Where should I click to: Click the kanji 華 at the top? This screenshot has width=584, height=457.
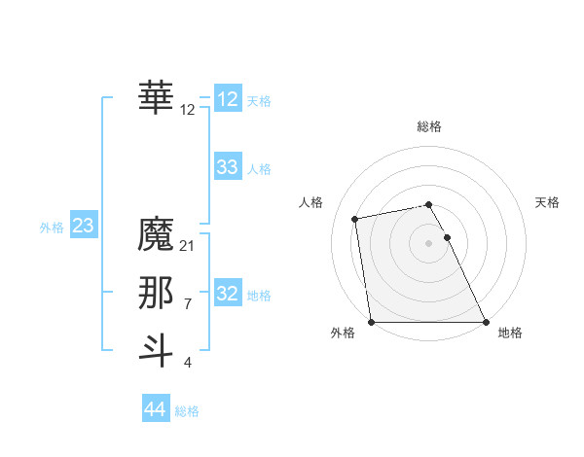tap(157, 97)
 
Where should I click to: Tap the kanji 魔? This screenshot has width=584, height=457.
tap(157, 234)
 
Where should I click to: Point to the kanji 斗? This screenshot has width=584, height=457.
tap(157, 349)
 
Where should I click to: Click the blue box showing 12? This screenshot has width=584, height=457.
tap(228, 99)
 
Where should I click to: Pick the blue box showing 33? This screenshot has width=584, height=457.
tap(228, 167)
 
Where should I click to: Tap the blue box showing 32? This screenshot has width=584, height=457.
tap(228, 293)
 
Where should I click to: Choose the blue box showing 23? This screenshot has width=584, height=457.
tap(83, 227)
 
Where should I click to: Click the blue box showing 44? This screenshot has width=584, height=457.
tap(155, 409)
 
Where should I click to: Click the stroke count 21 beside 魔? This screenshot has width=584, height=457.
tap(188, 246)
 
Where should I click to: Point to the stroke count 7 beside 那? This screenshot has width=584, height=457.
tap(188, 304)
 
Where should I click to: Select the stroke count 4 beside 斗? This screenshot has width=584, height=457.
tap(188, 363)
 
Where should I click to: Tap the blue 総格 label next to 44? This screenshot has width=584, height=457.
tap(187, 411)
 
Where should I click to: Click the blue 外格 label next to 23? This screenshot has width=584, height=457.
tap(52, 228)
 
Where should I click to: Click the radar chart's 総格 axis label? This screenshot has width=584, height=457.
tap(429, 126)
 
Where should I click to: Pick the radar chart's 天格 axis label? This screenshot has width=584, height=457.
tap(547, 202)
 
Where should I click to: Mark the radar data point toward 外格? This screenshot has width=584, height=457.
tap(371, 322)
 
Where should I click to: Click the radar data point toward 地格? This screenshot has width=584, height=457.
tap(486, 322)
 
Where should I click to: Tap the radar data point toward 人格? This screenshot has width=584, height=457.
tap(355, 219)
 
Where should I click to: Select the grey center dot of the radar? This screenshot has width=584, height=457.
tap(429, 243)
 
